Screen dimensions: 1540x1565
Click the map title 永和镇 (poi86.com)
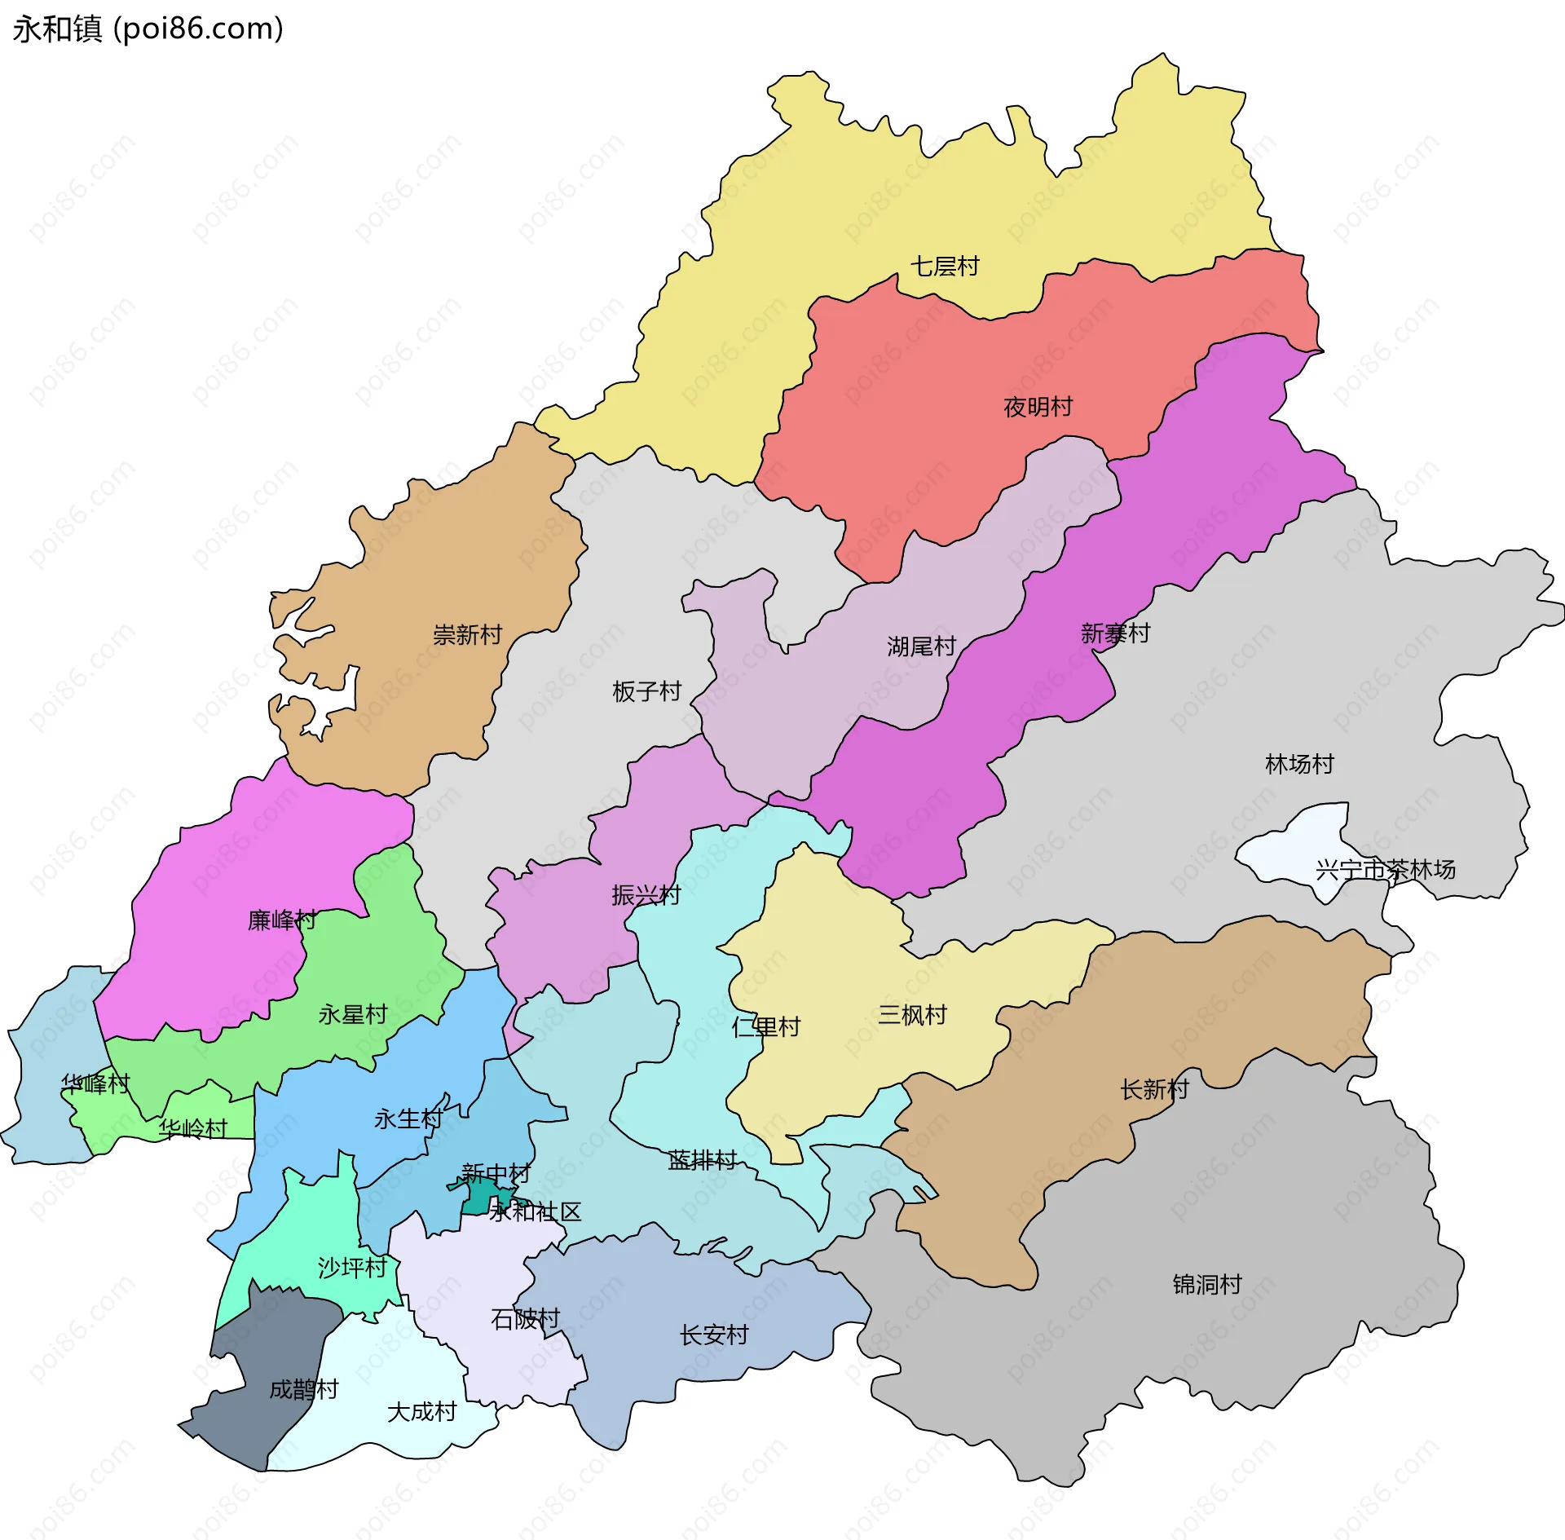pyautogui.click(x=148, y=29)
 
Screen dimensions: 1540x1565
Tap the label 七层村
pyautogui.click(x=944, y=267)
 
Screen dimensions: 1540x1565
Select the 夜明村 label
pyautogui.click(x=1038, y=407)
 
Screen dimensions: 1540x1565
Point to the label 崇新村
pyautogui.click(x=467, y=635)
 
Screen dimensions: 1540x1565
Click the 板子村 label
pyautogui.click(x=646, y=692)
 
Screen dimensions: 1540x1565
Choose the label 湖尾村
pyautogui.click(x=921, y=647)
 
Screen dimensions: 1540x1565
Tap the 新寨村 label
pyautogui.click(x=1114, y=633)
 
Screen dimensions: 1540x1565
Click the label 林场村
pyautogui.click(x=1299, y=765)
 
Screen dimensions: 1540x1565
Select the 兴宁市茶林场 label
pyautogui.click(x=1385, y=870)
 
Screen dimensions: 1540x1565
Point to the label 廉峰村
pyautogui.click(x=281, y=920)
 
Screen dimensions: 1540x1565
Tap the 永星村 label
pyautogui.click(x=352, y=1015)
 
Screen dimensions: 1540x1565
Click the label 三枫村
pyautogui.click(x=912, y=1015)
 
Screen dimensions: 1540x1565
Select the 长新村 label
pyautogui.click(x=1154, y=1089)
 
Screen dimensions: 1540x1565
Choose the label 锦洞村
pyautogui.click(x=1206, y=1285)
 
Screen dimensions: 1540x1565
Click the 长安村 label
pyautogui.click(x=713, y=1335)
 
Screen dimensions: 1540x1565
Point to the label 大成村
pyautogui.click(x=421, y=1412)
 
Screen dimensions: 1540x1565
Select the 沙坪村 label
pyautogui.click(x=352, y=1268)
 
